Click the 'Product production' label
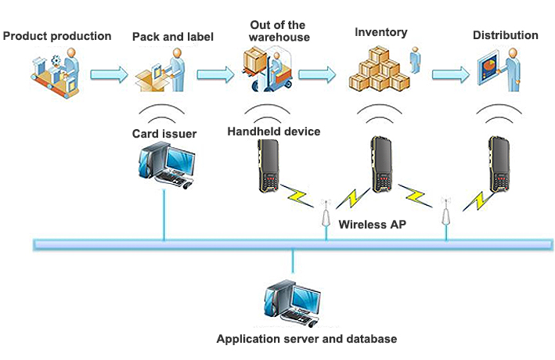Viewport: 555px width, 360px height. pyautogui.click(x=58, y=36)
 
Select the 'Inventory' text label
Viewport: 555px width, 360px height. pyautogui.click(x=381, y=33)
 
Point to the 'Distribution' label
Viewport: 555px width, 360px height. pyautogui.click(x=506, y=35)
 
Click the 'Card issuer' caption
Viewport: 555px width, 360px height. pyautogui.click(x=164, y=133)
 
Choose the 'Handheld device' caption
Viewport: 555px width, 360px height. pyautogui.click(x=274, y=131)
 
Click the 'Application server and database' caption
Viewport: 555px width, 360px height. pyautogui.click(x=307, y=339)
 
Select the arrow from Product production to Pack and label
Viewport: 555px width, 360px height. pyautogui.click(x=109, y=75)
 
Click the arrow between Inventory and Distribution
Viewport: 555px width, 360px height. pyautogui.click(x=452, y=74)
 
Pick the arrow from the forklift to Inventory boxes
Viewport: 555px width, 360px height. pyautogui.click(x=319, y=75)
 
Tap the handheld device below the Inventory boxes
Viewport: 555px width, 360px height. pyautogui.click(x=381, y=165)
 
